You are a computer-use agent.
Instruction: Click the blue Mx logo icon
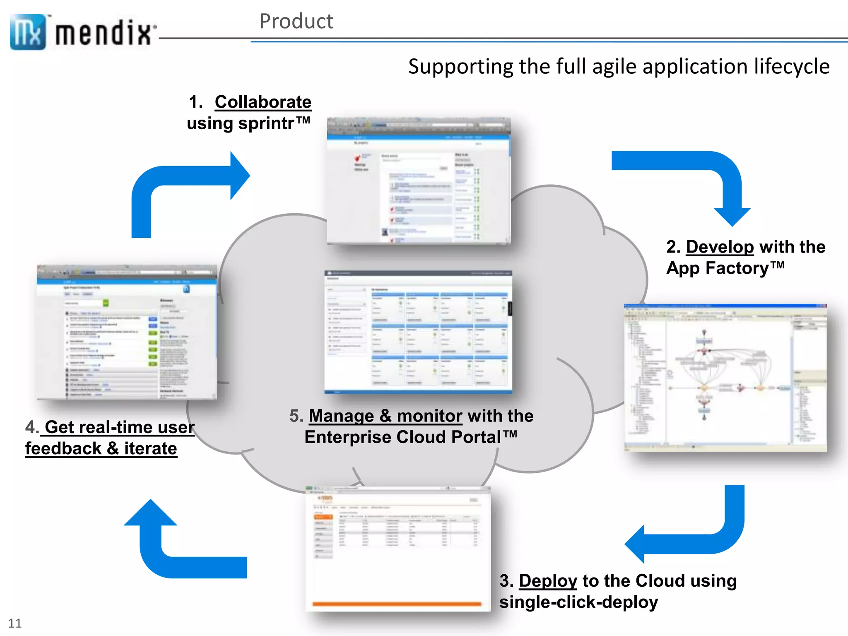click(x=27, y=32)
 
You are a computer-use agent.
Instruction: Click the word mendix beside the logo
click(x=104, y=33)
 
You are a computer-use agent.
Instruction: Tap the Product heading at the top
click(x=296, y=21)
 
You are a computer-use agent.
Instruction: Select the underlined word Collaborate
click(x=263, y=102)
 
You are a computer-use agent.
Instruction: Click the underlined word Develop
click(x=720, y=247)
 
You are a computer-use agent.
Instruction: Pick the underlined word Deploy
click(x=548, y=581)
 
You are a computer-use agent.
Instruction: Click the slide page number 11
click(x=15, y=623)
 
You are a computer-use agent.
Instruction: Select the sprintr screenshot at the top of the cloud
click(x=418, y=181)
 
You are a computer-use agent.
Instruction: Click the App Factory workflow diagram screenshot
click(x=725, y=377)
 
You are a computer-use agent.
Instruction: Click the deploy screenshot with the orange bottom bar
click(x=397, y=549)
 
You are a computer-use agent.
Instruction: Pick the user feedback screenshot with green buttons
click(x=127, y=332)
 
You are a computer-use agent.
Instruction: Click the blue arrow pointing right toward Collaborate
click(x=186, y=182)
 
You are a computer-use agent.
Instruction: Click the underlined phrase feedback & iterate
click(x=101, y=449)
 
